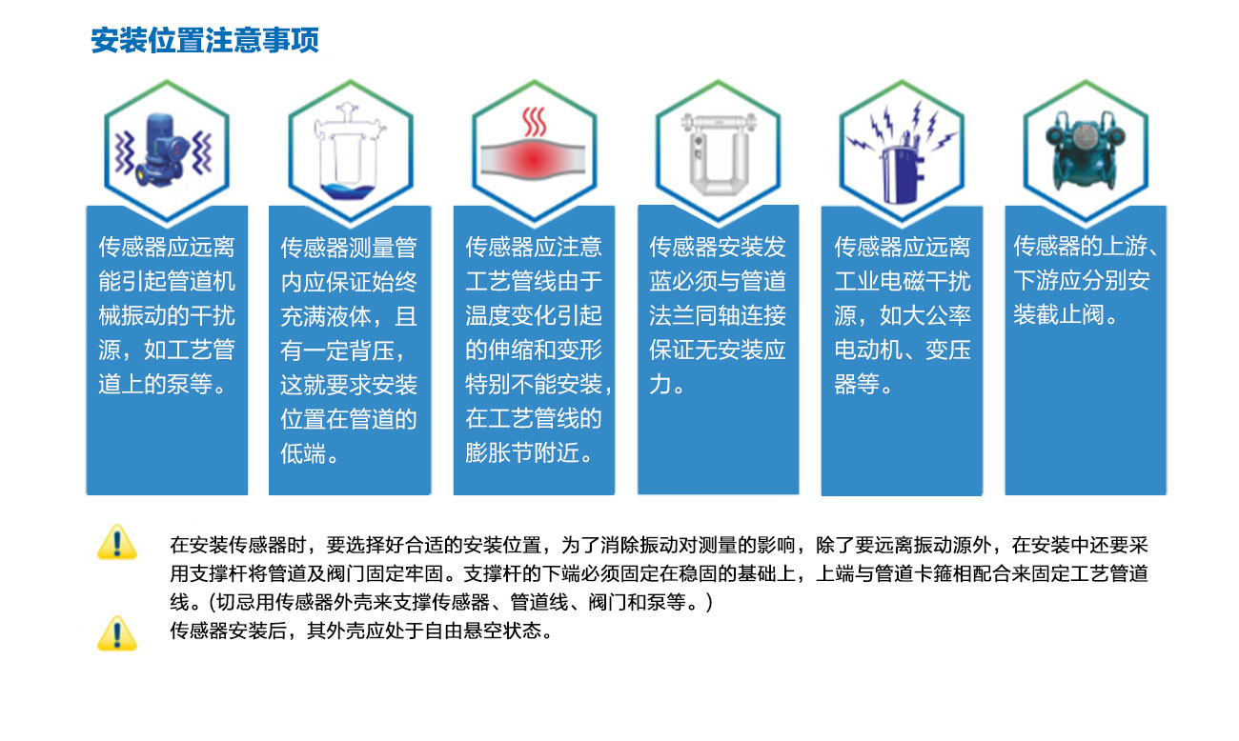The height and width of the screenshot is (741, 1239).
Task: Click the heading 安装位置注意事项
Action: pyautogui.click(x=205, y=40)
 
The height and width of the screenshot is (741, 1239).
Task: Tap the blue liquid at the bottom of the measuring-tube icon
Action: pyautogui.click(x=349, y=191)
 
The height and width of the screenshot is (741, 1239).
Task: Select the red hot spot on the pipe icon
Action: pyautogui.click(x=533, y=160)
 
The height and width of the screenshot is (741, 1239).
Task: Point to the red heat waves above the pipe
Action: pyautogui.click(x=535, y=122)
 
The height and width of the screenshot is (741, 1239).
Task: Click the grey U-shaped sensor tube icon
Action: pyautogui.click(x=718, y=154)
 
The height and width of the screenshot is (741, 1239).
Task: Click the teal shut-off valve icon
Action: pyautogui.click(x=1086, y=150)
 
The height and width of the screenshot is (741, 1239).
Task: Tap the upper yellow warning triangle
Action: pyautogui.click(x=116, y=542)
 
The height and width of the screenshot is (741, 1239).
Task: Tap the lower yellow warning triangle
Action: pyautogui.click(x=116, y=633)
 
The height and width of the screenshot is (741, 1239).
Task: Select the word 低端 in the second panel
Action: pyautogui.click(x=302, y=453)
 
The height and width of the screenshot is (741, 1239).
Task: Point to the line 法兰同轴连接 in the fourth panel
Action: pyautogui.click(x=718, y=315)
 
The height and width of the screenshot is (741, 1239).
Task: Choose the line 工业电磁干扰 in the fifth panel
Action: pyautogui.click(x=903, y=281)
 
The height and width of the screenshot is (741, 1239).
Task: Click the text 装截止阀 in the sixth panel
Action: pyautogui.click(x=1059, y=314)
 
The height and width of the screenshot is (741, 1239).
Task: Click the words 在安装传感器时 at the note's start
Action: pyautogui.click(x=238, y=546)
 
